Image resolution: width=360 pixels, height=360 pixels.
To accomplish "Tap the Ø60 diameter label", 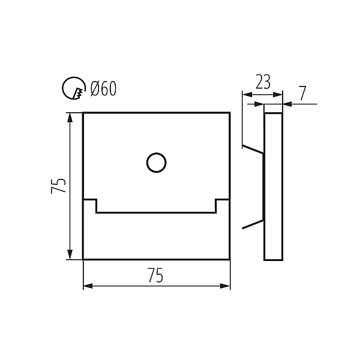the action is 104,88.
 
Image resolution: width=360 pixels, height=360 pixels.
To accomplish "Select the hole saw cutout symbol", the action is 74,88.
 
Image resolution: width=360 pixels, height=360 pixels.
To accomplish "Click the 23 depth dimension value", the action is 263,82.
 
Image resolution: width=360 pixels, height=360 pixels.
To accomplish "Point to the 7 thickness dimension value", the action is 303,93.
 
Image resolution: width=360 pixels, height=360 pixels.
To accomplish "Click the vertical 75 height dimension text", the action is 59,185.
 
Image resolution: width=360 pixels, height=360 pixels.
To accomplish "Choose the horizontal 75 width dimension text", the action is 155,275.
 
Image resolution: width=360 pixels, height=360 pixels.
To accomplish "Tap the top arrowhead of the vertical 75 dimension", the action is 70,118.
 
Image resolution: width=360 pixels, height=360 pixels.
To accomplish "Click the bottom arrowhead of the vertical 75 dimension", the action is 70,254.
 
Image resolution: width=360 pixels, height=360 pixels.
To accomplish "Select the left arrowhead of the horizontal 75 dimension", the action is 88,286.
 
